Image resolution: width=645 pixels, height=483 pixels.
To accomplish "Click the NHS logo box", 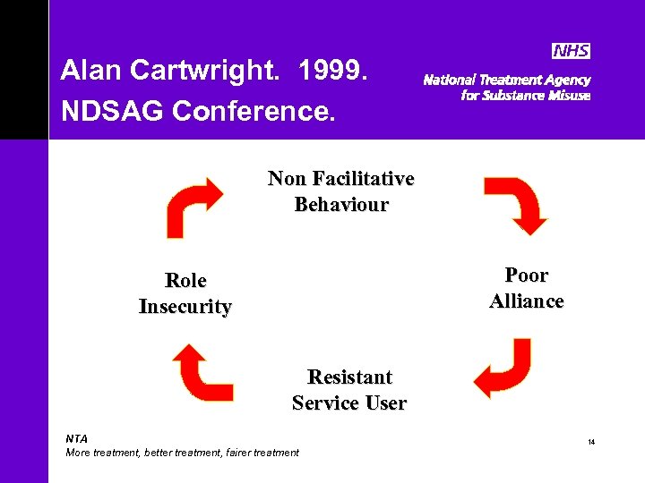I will (572, 51).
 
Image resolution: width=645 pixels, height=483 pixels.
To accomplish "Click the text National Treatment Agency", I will (506, 80).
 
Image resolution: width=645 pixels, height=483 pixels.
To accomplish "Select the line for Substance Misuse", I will (525, 96).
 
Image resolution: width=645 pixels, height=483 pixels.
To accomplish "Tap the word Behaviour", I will (341, 205).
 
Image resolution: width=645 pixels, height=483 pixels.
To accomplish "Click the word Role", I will (185, 281).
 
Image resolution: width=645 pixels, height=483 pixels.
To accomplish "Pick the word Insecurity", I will (185, 307).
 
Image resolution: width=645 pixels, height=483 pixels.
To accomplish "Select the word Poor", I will (527, 275).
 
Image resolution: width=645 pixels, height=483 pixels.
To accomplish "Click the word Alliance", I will (527, 301).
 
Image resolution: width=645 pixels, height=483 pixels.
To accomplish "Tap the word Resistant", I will (349, 377).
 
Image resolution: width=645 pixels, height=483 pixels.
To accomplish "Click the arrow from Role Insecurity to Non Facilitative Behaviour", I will (193, 207).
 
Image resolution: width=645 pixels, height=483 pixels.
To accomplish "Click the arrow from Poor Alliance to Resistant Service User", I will (503, 367).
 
